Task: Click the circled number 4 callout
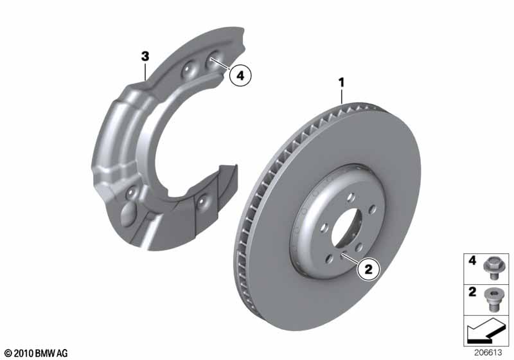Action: tap(240, 76)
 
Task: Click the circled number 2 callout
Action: tap(368, 269)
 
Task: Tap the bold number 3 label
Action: tap(145, 57)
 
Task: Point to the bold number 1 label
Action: tap(342, 83)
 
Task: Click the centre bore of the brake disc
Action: tap(347, 230)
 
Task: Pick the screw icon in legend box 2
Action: tap(490, 299)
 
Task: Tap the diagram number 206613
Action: tap(488, 352)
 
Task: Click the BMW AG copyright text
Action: tap(36, 353)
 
